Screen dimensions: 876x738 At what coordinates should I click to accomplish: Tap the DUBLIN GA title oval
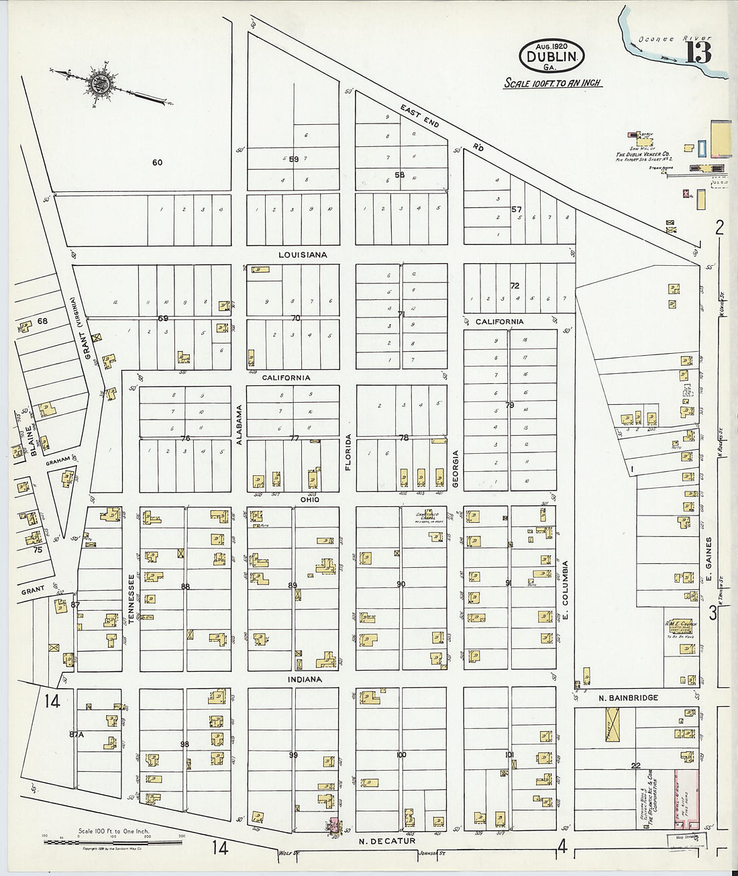pos(551,56)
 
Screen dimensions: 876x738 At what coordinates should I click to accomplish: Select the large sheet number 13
pos(698,53)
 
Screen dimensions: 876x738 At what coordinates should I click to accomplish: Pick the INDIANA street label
pos(305,679)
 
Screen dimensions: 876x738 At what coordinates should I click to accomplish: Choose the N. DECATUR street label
pos(387,840)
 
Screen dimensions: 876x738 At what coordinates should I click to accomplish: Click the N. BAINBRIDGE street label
pos(628,698)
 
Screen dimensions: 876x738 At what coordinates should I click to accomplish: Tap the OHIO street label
pos(309,499)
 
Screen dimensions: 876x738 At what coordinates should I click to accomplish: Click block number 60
pos(157,162)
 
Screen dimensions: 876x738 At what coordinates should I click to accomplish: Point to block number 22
pos(635,765)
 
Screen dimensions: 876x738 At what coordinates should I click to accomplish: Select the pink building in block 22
pos(690,799)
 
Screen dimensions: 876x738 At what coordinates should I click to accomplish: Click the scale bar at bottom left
pos(114,841)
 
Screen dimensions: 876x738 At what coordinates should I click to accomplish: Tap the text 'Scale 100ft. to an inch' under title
pos(552,83)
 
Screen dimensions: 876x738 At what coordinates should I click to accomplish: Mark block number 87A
pos(77,734)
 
